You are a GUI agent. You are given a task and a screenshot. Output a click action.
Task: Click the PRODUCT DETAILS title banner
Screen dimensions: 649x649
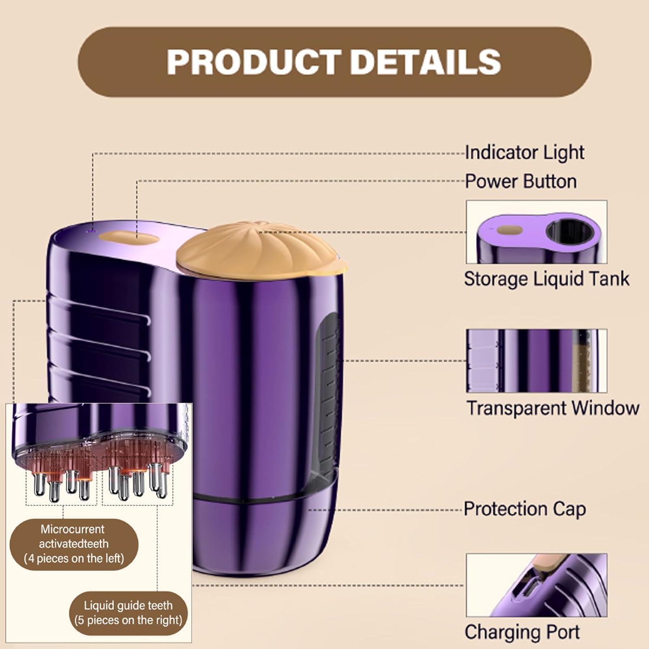tap(334, 62)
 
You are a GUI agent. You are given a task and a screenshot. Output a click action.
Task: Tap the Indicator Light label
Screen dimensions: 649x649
tap(524, 152)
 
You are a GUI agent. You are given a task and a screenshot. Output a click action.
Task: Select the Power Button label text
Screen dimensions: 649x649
tap(520, 181)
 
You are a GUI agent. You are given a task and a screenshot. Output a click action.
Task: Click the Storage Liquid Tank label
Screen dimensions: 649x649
tap(546, 279)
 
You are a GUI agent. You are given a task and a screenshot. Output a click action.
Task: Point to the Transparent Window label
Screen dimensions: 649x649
tap(553, 408)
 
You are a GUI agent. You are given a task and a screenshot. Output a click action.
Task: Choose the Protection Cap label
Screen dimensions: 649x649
tap(524, 509)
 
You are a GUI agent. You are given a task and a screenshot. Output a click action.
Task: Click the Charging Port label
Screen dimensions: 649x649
tap(522, 632)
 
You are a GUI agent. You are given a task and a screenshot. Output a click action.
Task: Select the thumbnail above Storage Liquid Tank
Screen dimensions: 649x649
tap(536, 231)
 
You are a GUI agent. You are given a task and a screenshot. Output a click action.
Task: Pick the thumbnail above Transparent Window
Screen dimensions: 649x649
tap(536, 360)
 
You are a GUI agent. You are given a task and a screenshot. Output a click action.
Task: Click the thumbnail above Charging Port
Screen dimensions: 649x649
tap(536, 585)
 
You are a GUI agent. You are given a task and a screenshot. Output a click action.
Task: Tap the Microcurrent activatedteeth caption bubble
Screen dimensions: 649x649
tap(74, 544)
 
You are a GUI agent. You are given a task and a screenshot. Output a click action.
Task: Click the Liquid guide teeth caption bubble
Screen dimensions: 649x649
tap(128, 613)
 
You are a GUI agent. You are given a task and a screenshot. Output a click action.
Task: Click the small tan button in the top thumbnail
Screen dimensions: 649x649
tap(505, 230)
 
